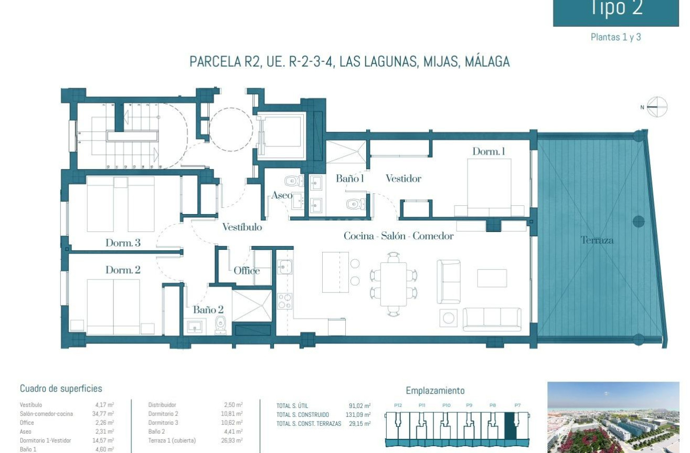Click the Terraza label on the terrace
pyautogui.click(x=597, y=240)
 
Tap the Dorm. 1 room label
pyautogui.click(x=489, y=151)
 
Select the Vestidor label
pyautogui.click(x=403, y=178)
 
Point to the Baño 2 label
pyautogui.click(x=208, y=310)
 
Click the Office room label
pyautogui.click(x=247, y=271)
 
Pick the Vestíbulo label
pyautogui.click(x=242, y=227)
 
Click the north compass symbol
pyautogui.click(x=657, y=107)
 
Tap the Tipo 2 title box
pyautogui.click(x=616, y=10)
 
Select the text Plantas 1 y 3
pyautogui.click(x=616, y=37)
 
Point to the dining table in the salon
pyautogui.click(x=394, y=284)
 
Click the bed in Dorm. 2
pyautogui.click(x=113, y=307)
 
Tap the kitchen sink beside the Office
pyautogui.click(x=284, y=267)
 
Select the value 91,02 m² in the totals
pyautogui.click(x=359, y=406)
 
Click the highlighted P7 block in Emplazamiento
pyautogui.click(x=510, y=425)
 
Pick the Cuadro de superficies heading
pyautogui.click(x=61, y=389)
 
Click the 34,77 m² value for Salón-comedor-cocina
pyautogui.click(x=103, y=414)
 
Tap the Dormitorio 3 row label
pyautogui.click(x=163, y=423)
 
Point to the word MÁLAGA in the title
pyautogui.click(x=487, y=61)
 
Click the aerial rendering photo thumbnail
pyautogui.click(x=613, y=417)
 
